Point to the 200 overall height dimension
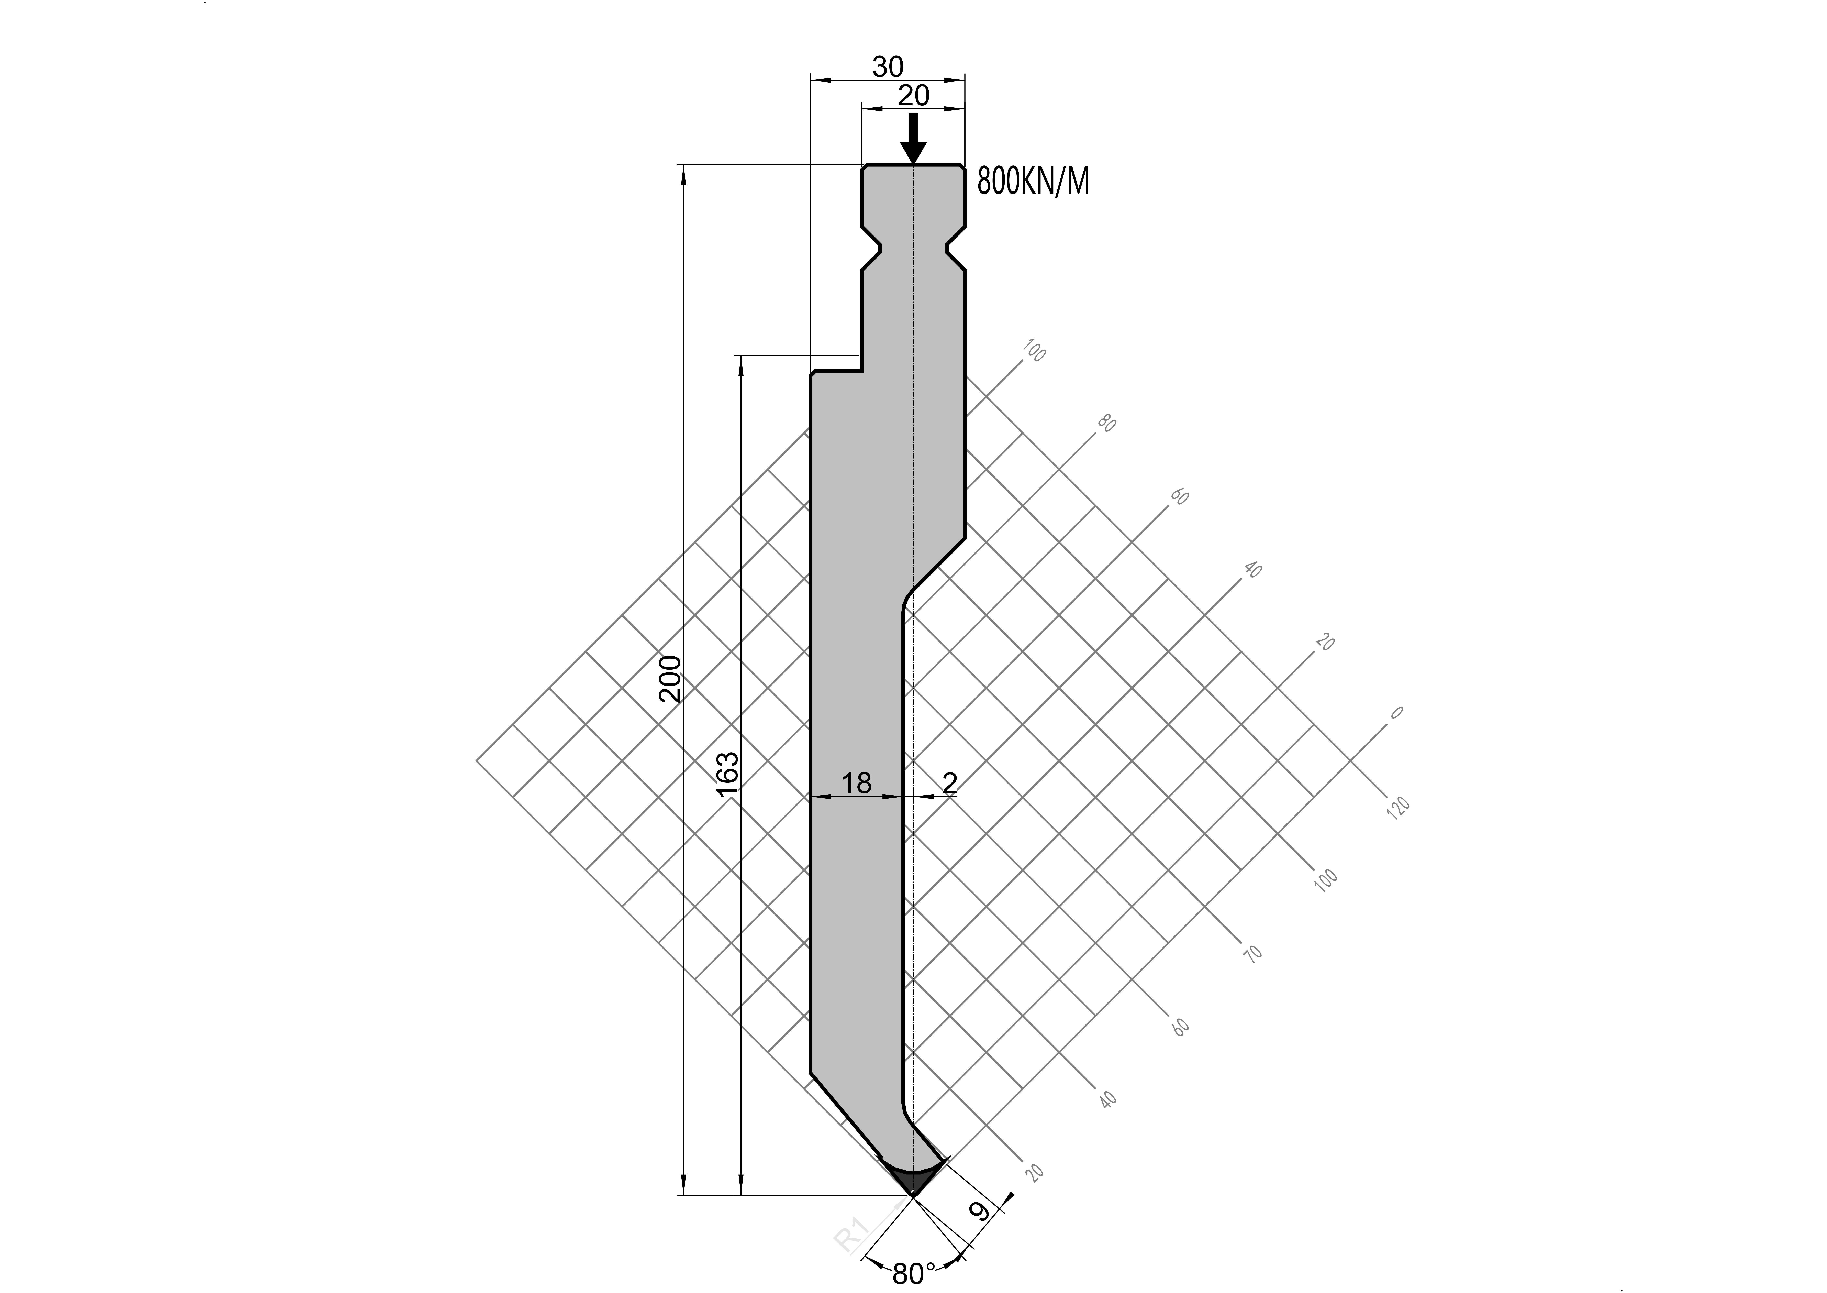click(x=671, y=678)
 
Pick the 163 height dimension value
click(x=726, y=774)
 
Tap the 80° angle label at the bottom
click(x=914, y=1274)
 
